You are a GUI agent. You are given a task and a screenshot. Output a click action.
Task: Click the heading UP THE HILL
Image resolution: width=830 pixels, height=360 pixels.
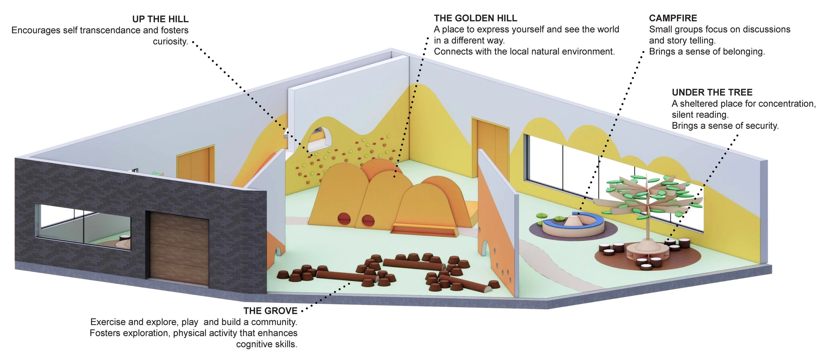[160, 19]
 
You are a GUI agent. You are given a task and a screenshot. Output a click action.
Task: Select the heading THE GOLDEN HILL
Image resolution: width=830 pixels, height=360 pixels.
[475, 18]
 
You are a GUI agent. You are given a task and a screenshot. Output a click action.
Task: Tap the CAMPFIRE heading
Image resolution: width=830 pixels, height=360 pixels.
[673, 18]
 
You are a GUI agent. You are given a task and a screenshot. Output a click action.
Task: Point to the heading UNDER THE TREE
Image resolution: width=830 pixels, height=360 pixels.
[712, 92]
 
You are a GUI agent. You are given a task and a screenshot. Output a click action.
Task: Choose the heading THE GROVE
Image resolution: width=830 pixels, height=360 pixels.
[270, 311]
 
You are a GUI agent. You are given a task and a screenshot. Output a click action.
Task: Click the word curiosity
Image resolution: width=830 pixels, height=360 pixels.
[170, 42]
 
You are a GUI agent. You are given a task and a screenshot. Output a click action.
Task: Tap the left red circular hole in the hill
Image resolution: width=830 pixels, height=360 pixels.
[344, 219]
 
